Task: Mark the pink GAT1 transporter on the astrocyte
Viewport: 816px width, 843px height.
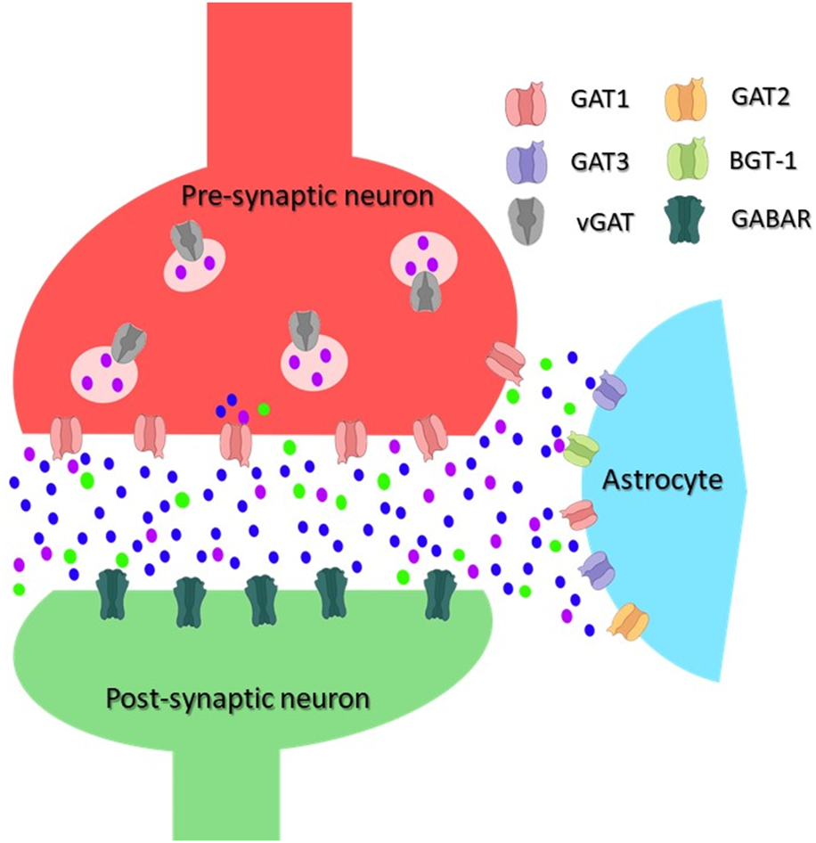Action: click(x=580, y=516)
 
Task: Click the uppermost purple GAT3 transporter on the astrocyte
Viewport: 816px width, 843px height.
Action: click(x=610, y=389)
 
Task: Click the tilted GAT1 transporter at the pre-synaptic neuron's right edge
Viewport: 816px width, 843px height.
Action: click(x=505, y=361)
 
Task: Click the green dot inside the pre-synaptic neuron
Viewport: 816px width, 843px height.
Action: click(x=264, y=408)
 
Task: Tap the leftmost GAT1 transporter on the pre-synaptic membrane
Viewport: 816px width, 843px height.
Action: click(x=66, y=436)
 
